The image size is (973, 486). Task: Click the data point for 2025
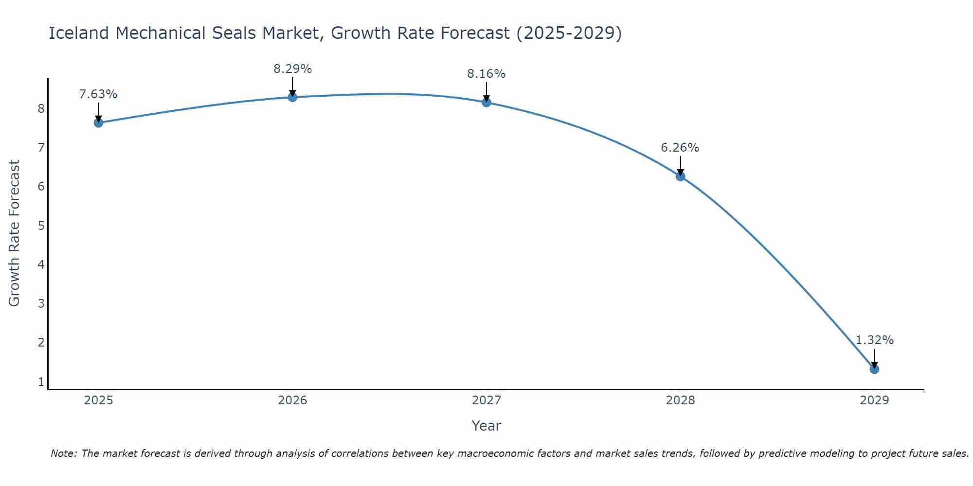pos(98,122)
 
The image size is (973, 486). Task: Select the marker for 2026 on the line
pos(292,97)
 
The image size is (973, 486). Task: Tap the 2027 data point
pos(486,102)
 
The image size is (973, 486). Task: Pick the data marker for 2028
pos(680,176)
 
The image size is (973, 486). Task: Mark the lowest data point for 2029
pos(874,369)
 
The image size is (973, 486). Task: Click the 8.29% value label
pos(292,69)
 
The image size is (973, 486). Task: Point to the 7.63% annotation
pos(98,94)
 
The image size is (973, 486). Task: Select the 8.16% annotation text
pos(486,74)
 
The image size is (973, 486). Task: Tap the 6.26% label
pos(680,148)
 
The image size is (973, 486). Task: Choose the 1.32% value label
pos(874,340)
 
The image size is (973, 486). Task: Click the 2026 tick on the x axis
pos(292,400)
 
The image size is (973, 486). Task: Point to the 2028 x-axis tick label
pos(680,400)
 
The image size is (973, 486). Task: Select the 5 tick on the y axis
pos(41,226)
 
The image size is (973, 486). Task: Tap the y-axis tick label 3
pos(41,304)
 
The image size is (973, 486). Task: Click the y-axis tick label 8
pos(41,108)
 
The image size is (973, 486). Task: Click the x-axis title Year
pos(486,426)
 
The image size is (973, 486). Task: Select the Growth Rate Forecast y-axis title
pos(15,233)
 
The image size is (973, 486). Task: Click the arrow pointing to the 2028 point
pos(680,165)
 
